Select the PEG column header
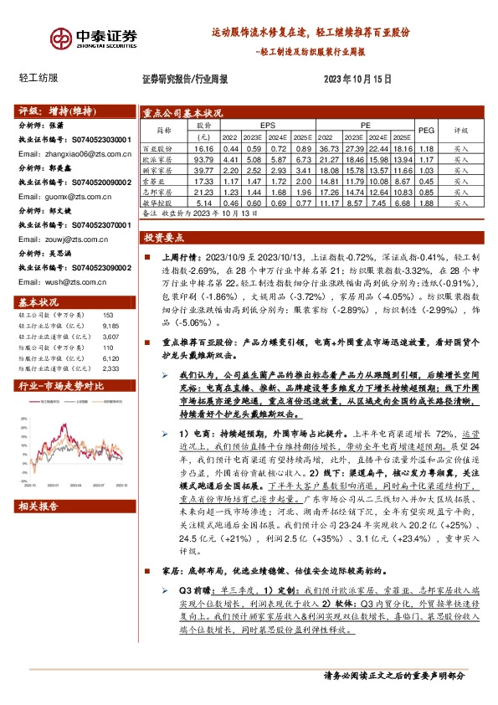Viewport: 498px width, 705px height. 427,131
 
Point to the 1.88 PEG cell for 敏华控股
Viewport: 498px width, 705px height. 427,201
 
